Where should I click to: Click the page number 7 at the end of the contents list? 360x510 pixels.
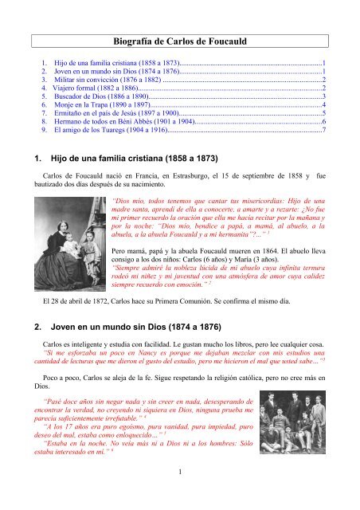[x=323, y=128]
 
